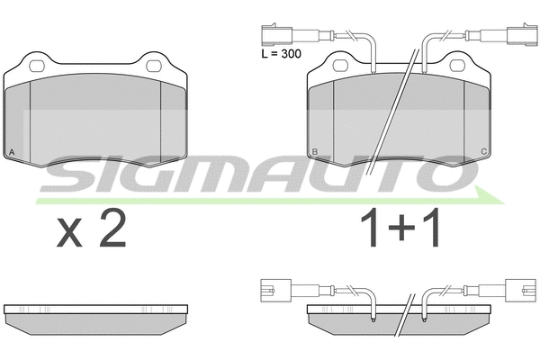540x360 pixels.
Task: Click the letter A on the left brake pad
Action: (x=12, y=151)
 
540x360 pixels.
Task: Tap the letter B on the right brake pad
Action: (x=314, y=151)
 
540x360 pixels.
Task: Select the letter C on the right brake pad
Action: (x=485, y=151)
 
